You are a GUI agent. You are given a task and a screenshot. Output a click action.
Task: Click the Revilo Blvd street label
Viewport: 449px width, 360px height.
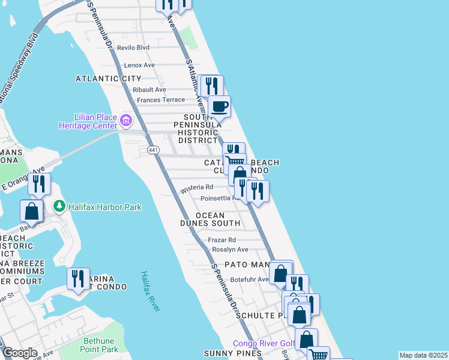pos(133,47)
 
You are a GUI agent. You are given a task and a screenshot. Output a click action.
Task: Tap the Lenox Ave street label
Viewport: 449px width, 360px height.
pos(139,65)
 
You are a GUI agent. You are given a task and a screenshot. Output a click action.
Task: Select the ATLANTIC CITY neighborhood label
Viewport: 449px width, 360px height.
pos(109,79)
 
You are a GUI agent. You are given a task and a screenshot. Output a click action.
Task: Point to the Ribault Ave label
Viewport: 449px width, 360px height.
pos(149,89)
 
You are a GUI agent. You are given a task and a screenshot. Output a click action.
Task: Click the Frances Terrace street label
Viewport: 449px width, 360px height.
pos(161,100)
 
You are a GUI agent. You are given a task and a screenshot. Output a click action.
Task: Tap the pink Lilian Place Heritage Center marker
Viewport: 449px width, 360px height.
pos(126,121)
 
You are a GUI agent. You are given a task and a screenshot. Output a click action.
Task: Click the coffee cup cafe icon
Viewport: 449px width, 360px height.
pos(219,107)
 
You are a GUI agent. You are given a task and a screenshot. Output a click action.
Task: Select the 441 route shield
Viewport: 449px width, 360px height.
pos(152,149)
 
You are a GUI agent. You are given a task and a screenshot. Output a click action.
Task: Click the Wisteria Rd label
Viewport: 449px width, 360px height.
pos(197,188)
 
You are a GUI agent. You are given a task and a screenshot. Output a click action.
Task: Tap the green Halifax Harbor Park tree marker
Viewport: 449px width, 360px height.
pos(59,207)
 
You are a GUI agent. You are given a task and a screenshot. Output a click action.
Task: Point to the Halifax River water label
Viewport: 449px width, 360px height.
pos(151,291)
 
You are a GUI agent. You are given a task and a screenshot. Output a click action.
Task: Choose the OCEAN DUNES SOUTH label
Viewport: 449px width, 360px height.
pos(210,219)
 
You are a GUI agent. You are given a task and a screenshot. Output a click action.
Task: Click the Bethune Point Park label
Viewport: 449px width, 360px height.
pos(99,345)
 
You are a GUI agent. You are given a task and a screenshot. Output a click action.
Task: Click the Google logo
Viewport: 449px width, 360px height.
pos(20,353)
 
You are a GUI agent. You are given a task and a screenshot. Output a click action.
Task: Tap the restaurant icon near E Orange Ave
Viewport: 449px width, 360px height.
pos(39,184)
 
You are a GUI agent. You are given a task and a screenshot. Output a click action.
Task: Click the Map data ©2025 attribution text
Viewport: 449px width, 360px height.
pos(423,355)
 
